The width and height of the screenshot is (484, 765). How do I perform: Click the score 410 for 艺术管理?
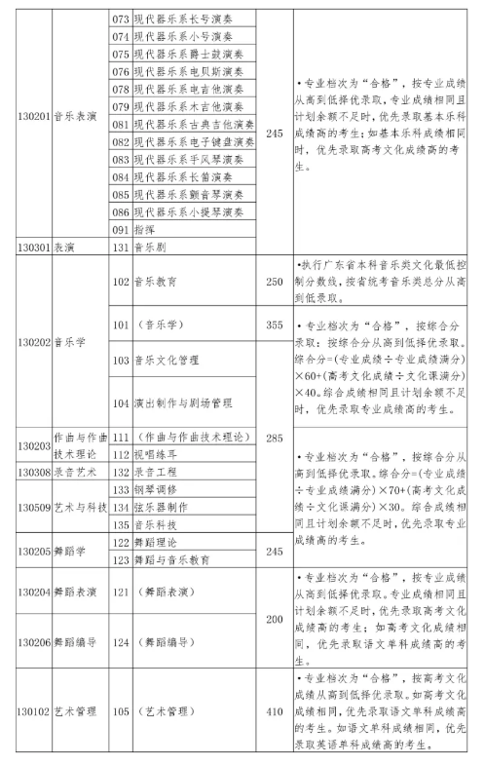(274, 711)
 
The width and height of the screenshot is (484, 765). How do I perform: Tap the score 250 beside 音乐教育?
(274, 282)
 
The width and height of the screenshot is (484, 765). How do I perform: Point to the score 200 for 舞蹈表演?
(274, 619)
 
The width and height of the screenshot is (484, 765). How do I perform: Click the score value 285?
(274, 439)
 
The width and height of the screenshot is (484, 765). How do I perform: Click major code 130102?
(33, 711)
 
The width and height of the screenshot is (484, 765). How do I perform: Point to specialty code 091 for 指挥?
(121, 230)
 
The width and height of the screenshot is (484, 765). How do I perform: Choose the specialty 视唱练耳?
(158, 455)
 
